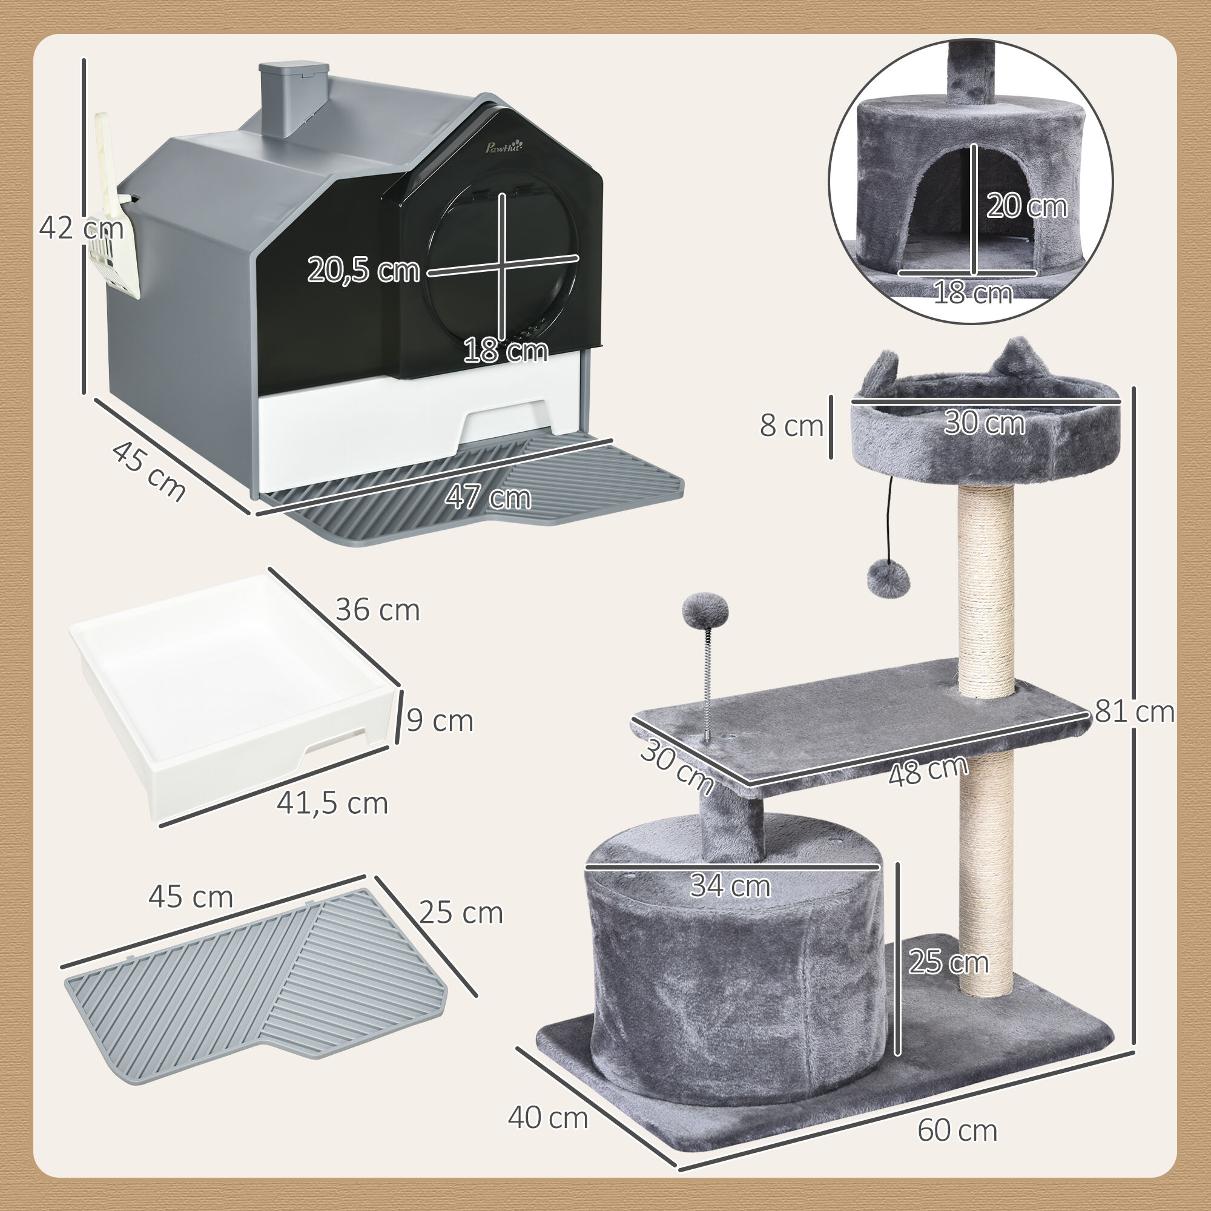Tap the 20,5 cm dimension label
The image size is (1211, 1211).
tap(363, 270)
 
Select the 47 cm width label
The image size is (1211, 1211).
tap(488, 498)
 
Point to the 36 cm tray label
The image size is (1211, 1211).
tap(377, 610)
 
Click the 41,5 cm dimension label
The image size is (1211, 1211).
tap(332, 803)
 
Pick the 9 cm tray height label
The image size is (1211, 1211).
tap(440, 721)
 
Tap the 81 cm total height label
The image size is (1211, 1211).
tap(1135, 712)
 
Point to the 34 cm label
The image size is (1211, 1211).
tap(730, 886)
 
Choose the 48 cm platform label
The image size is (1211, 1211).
tap(928, 771)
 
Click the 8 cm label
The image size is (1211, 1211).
tap(791, 426)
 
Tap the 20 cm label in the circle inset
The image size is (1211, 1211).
tap(1027, 206)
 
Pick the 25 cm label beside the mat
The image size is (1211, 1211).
tap(461, 913)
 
